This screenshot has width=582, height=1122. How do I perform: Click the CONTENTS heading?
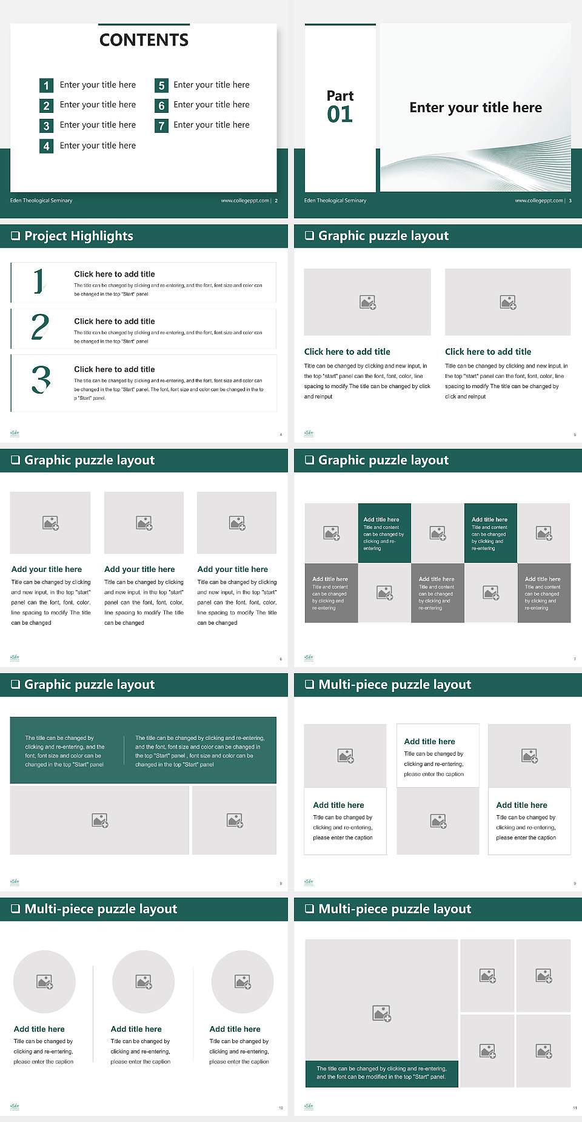(x=144, y=40)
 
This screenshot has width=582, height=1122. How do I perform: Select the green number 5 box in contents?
(x=161, y=86)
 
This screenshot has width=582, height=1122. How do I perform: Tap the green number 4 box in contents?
(x=46, y=146)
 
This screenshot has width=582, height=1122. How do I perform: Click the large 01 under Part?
(x=339, y=114)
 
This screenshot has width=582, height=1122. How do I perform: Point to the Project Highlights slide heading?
(x=78, y=236)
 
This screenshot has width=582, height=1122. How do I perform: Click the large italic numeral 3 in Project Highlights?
(x=41, y=380)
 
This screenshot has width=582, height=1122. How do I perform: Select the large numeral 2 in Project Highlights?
(x=40, y=327)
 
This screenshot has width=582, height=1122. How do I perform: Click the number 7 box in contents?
(x=161, y=126)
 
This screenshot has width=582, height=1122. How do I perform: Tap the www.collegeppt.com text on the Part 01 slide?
(x=538, y=201)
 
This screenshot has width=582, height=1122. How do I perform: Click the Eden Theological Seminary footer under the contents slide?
(x=41, y=201)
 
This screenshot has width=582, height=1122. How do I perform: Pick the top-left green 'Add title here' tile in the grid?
(x=384, y=533)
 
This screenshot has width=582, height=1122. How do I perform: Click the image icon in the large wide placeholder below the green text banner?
(x=100, y=821)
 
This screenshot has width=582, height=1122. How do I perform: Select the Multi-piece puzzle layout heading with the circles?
(x=101, y=909)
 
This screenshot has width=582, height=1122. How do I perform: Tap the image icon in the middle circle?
(x=144, y=981)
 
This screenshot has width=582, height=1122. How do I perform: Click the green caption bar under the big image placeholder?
(x=381, y=1073)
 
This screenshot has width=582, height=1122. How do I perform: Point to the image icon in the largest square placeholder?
(x=381, y=1013)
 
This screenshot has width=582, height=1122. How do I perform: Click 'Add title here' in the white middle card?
(x=429, y=741)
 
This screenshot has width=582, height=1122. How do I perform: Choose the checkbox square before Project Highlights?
(x=16, y=236)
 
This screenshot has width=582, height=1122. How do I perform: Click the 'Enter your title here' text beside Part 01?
(x=475, y=107)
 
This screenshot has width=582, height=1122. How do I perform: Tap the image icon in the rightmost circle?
(x=242, y=981)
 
